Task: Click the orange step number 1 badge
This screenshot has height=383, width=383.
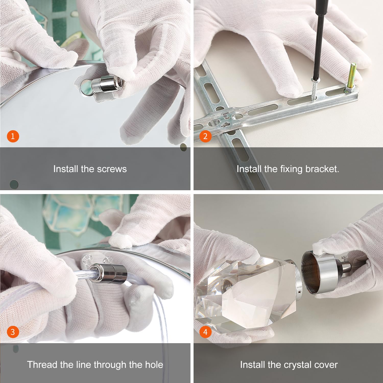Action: (x=13, y=136)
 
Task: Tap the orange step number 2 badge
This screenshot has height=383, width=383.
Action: (x=205, y=136)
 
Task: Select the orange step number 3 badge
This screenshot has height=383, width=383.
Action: (x=13, y=332)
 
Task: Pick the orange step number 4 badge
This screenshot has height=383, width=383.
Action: (x=205, y=332)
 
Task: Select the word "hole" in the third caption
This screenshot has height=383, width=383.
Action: (x=154, y=365)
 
